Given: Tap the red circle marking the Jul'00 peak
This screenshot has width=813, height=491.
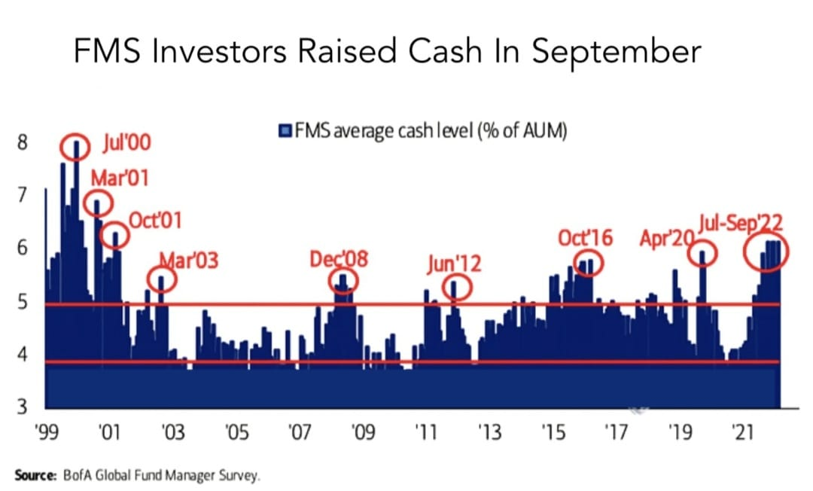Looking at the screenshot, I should coord(75,146).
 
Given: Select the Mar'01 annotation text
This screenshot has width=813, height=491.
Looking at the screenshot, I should coord(119,179).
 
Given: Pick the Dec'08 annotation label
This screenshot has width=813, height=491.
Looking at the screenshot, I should coord(339,260).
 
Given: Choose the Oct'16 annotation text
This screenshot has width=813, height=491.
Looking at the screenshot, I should coord(585,239).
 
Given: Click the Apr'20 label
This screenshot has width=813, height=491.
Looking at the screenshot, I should coord(665,239).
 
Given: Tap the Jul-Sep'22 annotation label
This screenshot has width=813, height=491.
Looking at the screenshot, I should coord(740,223).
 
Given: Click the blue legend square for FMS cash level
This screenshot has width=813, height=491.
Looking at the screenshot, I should coord(284,132).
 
